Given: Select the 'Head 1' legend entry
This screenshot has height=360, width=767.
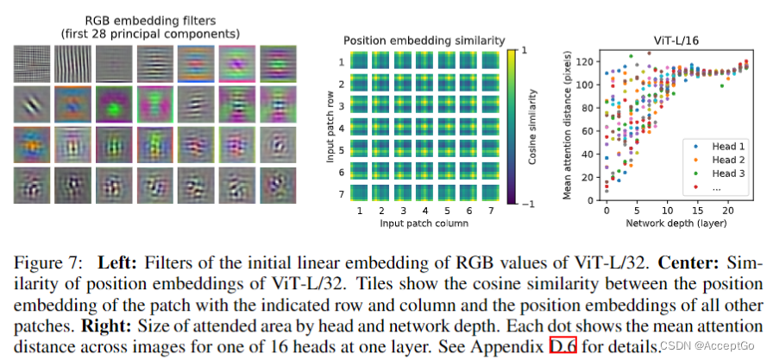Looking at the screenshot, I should (x=728, y=146).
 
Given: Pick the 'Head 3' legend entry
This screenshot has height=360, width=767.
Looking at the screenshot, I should (x=728, y=174).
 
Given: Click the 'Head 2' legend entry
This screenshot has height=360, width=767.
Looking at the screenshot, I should (x=728, y=160).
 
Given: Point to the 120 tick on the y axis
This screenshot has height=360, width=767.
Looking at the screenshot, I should (x=587, y=61).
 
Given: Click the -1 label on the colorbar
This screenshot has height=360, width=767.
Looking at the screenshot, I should (x=528, y=203).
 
